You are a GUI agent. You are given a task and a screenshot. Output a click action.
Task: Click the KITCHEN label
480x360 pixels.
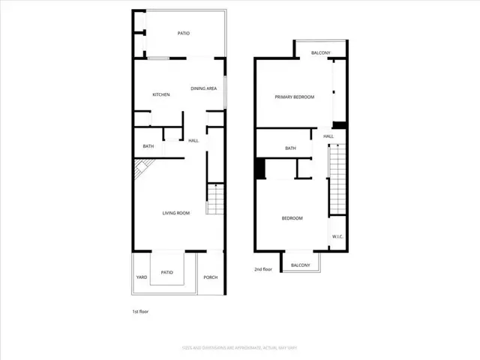pyautogui.click(x=161, y=94)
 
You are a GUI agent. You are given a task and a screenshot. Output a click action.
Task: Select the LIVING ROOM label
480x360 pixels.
pyautogui.click(x=176, y=213)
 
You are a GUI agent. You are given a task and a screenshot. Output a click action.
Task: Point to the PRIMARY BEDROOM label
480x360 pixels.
pyautogui.click(x=294, y=97)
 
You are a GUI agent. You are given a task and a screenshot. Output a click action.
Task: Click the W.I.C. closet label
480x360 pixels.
pyautogui.click(x=337, y=237)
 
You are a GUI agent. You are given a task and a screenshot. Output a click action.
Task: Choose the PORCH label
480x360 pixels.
pyautogui.click(x=211, y=277)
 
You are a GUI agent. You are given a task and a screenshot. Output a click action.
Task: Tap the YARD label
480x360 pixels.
pyautogui.click(x=142, y=277)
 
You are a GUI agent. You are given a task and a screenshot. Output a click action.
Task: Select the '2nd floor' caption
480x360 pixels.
pyautogui.click(x=263, y=268)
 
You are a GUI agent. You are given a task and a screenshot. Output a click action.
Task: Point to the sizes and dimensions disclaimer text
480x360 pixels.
pyautogui.click(x=240, y=347)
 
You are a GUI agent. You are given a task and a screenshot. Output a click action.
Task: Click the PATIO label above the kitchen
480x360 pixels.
pyautogui.click(x=184, y=34)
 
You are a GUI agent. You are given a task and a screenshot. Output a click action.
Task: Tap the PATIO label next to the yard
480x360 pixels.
pyautogui.click(x=167, y=272)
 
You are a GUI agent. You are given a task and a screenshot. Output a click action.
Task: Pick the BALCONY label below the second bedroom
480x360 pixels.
pyautogui.click(x=301, y=265)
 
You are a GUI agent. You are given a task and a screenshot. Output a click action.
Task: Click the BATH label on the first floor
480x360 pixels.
pyautogui.click(x=148, y=146)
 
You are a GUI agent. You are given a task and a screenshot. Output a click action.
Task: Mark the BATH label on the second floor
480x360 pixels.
pyautogui.click(x=290, y=148)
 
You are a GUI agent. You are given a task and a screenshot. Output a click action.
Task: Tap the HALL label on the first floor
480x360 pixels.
pyautogui.click(x=193, y=141)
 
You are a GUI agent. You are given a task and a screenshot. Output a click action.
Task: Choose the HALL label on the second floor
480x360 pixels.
pyautogui.click(x=328, y=136)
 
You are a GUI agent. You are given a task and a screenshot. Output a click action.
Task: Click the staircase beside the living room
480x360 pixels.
pyautogui.click(x=215, y=199)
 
